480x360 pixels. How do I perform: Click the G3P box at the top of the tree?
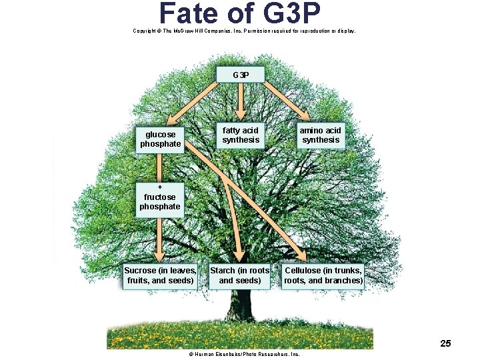(x=241, y=75)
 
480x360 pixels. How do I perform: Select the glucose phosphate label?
(x=160, y=139)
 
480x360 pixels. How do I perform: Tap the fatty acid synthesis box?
(x=240, y=135)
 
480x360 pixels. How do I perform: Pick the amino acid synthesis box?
(x=320, y=135)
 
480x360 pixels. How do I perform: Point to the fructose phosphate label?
(x=160, y=201)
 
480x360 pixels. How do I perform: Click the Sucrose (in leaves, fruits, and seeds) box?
(x=160, y=275)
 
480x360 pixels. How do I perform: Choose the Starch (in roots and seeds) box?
(x=240, y=275)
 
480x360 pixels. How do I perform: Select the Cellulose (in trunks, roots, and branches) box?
(x=323, y=275)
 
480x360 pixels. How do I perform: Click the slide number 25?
(x=445, y=343)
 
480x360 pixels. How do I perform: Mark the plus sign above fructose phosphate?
(x=160, y=187)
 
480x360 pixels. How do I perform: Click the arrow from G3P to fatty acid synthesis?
(x=241, y=100)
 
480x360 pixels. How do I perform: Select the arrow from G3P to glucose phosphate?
(x=193, y=103)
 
